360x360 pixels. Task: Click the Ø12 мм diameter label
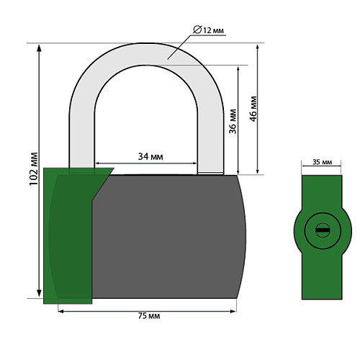(x=208, y=30)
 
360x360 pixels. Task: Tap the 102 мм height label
(x=34, y=169)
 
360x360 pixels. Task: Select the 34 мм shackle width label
(x=150, y=156)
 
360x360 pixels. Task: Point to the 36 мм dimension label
(x=233, y=122)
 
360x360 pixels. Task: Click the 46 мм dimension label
(x=253, y=109)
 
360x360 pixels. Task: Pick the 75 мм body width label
(x=149, y=316)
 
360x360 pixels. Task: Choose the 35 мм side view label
(x=322, y=162)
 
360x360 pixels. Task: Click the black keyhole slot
(x=323, y=230)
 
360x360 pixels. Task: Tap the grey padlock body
(x=168, y=236)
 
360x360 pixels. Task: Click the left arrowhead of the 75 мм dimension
(x=60, y=311)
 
